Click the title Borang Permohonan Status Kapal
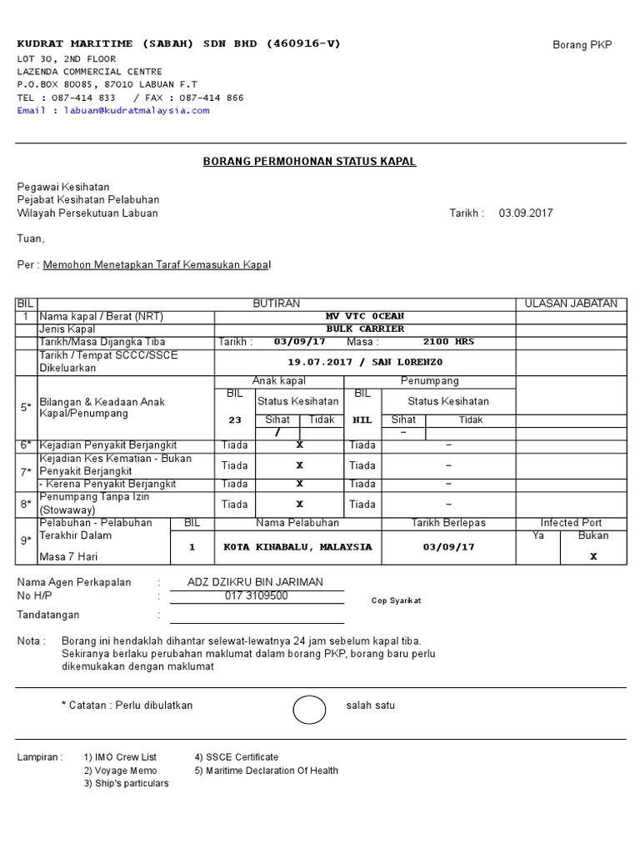(x=309, y=162)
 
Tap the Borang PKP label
(x=582, y=45)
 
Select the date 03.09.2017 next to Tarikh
(x=526, y=213)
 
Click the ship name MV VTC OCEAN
(x=365, y=316)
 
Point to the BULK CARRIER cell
(x=365, y=329)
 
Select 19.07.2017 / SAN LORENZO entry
(x=365, y=362)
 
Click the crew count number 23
(x=235, y=420)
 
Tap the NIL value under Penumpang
(x=362, y=420)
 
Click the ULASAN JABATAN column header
(x=571, y=304)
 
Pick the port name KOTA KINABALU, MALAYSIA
(x=297, y=547)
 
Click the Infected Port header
(x=571, y=523)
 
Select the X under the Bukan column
(x=593, y=556)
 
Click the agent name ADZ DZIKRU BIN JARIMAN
(x=256, y=582)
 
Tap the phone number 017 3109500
(x=257, y=596)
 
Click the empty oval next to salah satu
(x=310, y=710)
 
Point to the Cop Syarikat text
(x=396, y=600)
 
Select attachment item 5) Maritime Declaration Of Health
(x=266, y=771)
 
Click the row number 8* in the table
(x=26, y=504)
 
